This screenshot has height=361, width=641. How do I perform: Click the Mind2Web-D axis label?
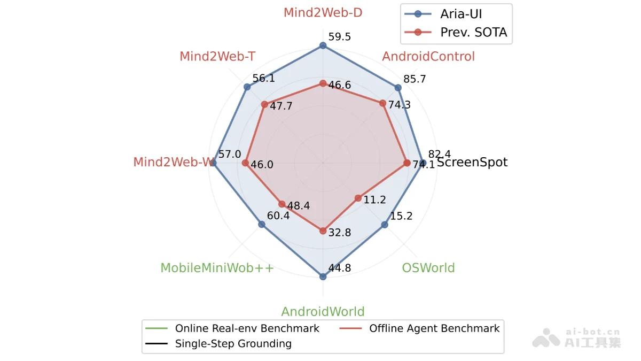[x=323, y=12]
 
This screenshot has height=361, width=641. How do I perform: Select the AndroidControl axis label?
[x=428, y=56]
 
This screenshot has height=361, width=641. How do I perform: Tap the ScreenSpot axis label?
[x=472, y=162]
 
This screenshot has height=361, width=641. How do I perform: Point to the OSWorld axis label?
[x=428, y=267]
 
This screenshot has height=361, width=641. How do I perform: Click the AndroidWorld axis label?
[x=323, y=311]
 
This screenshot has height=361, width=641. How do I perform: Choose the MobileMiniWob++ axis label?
[x=217, y=267]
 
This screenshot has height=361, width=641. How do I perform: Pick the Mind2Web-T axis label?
[x=217, y=56]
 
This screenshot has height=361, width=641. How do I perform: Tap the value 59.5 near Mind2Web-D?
[x=340, y=37]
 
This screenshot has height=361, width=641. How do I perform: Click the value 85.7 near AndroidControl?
[x=415, y=79]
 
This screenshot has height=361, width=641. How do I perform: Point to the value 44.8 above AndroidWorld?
[x=340, y=268]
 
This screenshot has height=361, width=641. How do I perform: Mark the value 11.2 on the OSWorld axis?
[x=374, y=200]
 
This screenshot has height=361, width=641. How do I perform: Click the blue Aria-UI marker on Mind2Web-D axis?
[x=323, y=46]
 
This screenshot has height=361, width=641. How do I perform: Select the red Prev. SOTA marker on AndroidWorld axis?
[x=323, y=231]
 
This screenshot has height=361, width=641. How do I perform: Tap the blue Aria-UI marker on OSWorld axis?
[x=384, y=225]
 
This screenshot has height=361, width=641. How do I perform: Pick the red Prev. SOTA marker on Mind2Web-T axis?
[x=264, y=104]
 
